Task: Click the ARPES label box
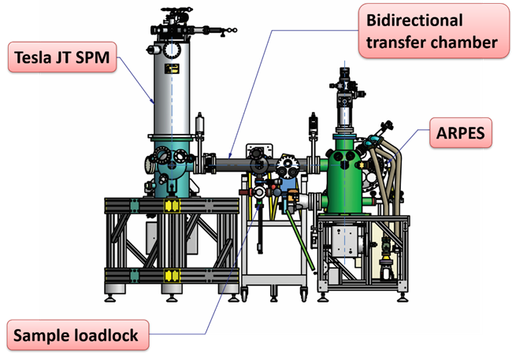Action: tap(462, 134)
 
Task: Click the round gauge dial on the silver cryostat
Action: tap(170, 49)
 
